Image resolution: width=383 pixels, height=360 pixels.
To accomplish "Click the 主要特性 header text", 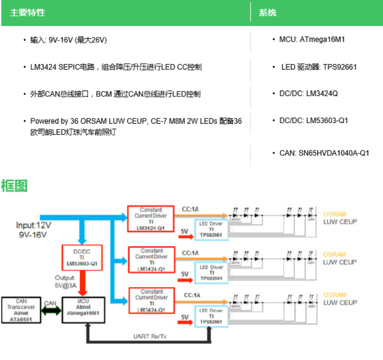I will (x=27, y=12).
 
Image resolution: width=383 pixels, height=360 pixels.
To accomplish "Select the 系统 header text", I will (x=267, y=12).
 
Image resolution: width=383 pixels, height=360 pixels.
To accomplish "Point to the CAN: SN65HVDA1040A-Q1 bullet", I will (x=324, y=153).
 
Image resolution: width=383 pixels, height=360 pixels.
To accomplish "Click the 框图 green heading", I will (x=14, y=186).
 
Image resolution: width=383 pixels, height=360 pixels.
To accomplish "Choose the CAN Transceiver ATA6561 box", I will (x=21, y=310).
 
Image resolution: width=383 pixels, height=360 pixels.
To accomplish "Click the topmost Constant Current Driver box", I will (x=151, y=219).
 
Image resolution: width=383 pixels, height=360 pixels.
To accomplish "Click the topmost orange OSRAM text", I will (x=334, y=214).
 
